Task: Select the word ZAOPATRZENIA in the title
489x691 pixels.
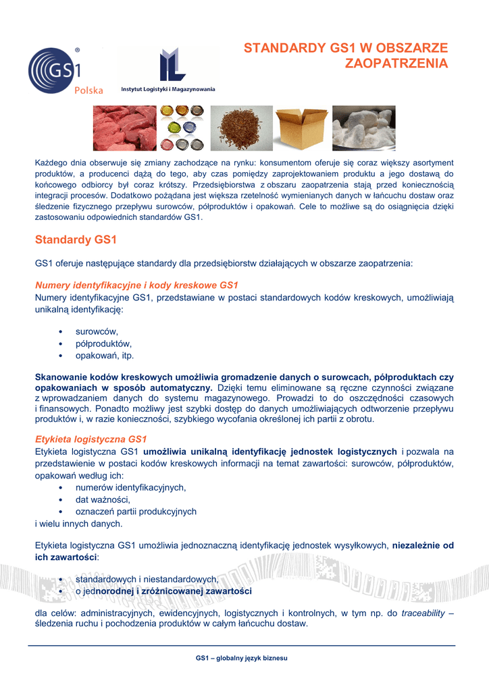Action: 396,63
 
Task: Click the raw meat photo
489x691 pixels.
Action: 124,128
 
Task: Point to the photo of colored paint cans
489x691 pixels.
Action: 182,128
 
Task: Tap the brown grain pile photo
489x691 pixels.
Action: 241,128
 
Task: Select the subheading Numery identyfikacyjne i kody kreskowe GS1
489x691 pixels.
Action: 136,285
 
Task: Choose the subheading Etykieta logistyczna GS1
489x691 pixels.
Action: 91,439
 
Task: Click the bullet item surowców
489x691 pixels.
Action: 97,331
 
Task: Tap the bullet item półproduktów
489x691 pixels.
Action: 103,343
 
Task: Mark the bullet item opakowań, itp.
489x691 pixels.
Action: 105,356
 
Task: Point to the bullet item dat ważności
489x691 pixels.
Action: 103,499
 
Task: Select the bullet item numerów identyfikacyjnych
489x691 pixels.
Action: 130,487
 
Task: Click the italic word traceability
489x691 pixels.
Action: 423,613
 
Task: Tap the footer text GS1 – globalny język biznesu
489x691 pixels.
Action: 242,657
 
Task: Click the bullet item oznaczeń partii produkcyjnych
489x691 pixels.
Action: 136,512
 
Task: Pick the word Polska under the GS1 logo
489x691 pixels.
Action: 88,90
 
